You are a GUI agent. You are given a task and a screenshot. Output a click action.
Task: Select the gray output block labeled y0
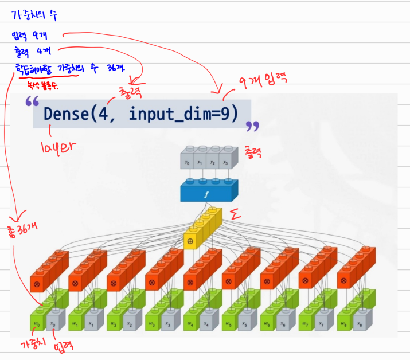187,163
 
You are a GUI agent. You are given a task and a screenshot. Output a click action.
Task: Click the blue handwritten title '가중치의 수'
34,13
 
